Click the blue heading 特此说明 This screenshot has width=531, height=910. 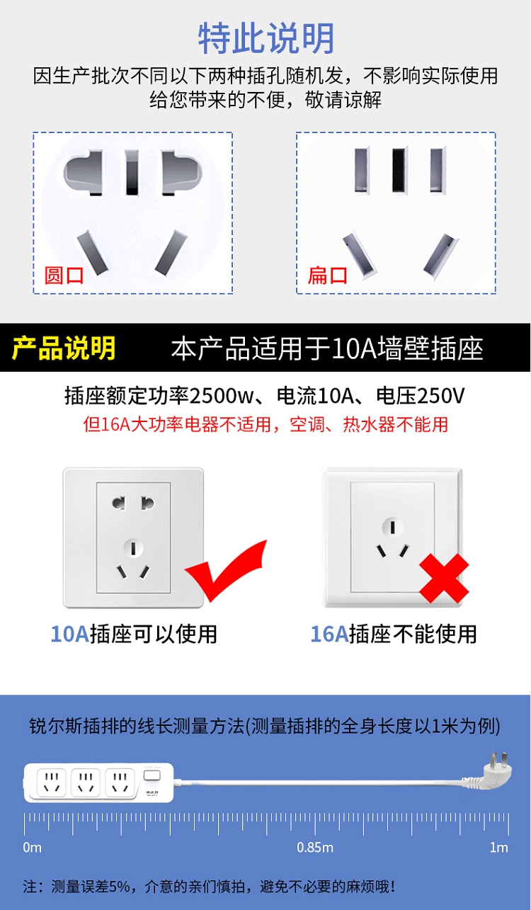pos(266,38)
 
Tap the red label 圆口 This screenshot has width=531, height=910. pos(64,275)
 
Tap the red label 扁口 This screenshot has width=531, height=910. pos(328,275)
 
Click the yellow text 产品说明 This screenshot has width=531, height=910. pos(64,348)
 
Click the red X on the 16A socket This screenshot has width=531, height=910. pos(444,578)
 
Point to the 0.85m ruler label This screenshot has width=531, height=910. pos(315,848)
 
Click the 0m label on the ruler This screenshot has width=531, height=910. pos(32,848)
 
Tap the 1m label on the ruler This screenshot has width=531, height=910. pos(499,848)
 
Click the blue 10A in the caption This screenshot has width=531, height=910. pos(69,634)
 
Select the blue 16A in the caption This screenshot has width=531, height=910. pos(329,634)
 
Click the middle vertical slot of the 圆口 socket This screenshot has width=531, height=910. pos(132,172)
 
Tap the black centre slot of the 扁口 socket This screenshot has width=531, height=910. pos(399,170)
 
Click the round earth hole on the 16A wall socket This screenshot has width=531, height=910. pos(392,528)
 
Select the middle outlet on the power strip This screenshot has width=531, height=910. pos(86,783)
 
